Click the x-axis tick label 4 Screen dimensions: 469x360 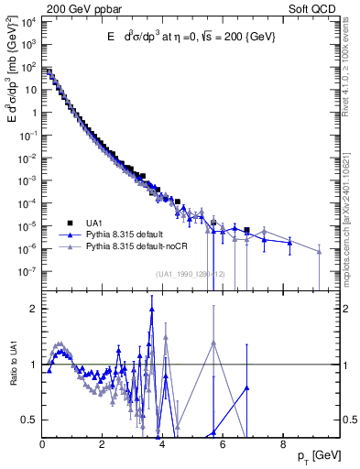tap(162, 446)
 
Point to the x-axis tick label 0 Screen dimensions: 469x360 tap(43, 446)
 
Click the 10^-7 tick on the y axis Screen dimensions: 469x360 tap(29, 271)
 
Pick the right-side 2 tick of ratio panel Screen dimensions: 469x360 tap(346, 309)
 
